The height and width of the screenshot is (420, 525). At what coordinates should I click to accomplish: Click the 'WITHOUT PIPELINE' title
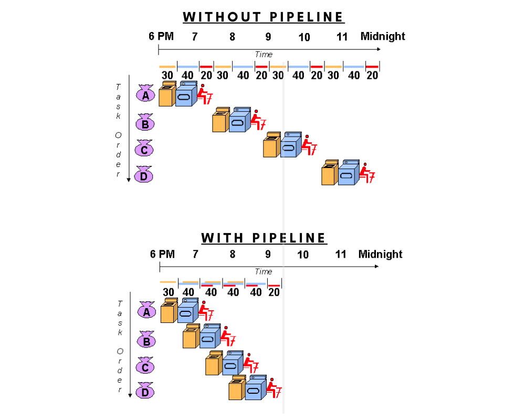click(x=264, y=17)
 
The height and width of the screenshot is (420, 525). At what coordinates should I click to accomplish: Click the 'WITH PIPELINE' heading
click(x=264, y=238)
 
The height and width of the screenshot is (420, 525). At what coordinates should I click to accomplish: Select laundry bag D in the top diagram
click(x=144, y=176)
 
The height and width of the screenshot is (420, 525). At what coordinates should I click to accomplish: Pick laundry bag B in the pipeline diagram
click(x=146, y=341)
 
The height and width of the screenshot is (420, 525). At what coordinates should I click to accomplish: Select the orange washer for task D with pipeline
click(x=236, y=389)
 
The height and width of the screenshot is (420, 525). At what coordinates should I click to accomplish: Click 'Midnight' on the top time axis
click(x=383, y=36)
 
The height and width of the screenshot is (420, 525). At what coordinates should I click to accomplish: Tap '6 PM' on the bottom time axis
click(x=162, y=254)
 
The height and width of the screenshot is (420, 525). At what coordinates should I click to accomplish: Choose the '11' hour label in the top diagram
click(x=342, y=37)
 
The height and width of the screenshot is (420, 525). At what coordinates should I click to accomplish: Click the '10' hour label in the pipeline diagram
click(x=303, y=255)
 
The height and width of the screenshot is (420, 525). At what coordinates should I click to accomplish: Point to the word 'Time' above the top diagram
click(x=264, y=54)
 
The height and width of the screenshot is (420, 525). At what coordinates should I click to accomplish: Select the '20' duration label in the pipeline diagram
click(x=274, y=292)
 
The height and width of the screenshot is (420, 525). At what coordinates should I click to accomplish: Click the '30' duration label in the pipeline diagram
click(x=168, y=292)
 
